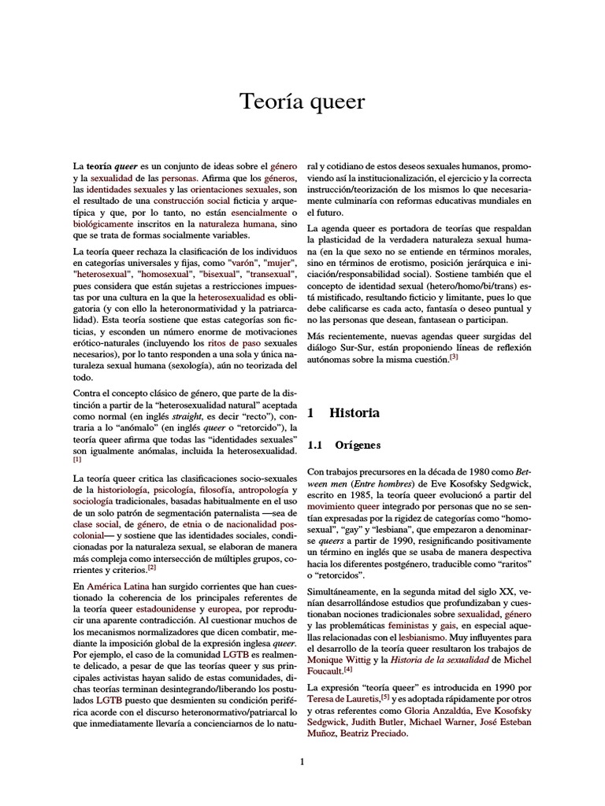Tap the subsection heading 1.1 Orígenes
pos(343,446)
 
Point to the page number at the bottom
pos(302,760)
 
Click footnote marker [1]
pos(77,459)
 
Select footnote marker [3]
pos(453,357)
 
